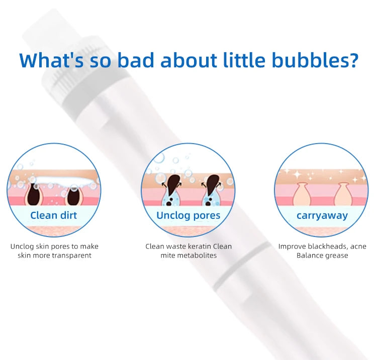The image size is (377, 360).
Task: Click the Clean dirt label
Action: [54, 215]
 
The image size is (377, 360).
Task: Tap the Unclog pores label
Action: [188, 215]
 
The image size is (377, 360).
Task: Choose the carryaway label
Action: [322, 215]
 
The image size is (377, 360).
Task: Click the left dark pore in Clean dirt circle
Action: [34, 195]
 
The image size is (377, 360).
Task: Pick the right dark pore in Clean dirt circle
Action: [73, 195]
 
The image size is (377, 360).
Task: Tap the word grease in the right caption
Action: [336, 256]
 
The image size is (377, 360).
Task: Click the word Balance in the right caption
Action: [310, 256]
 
